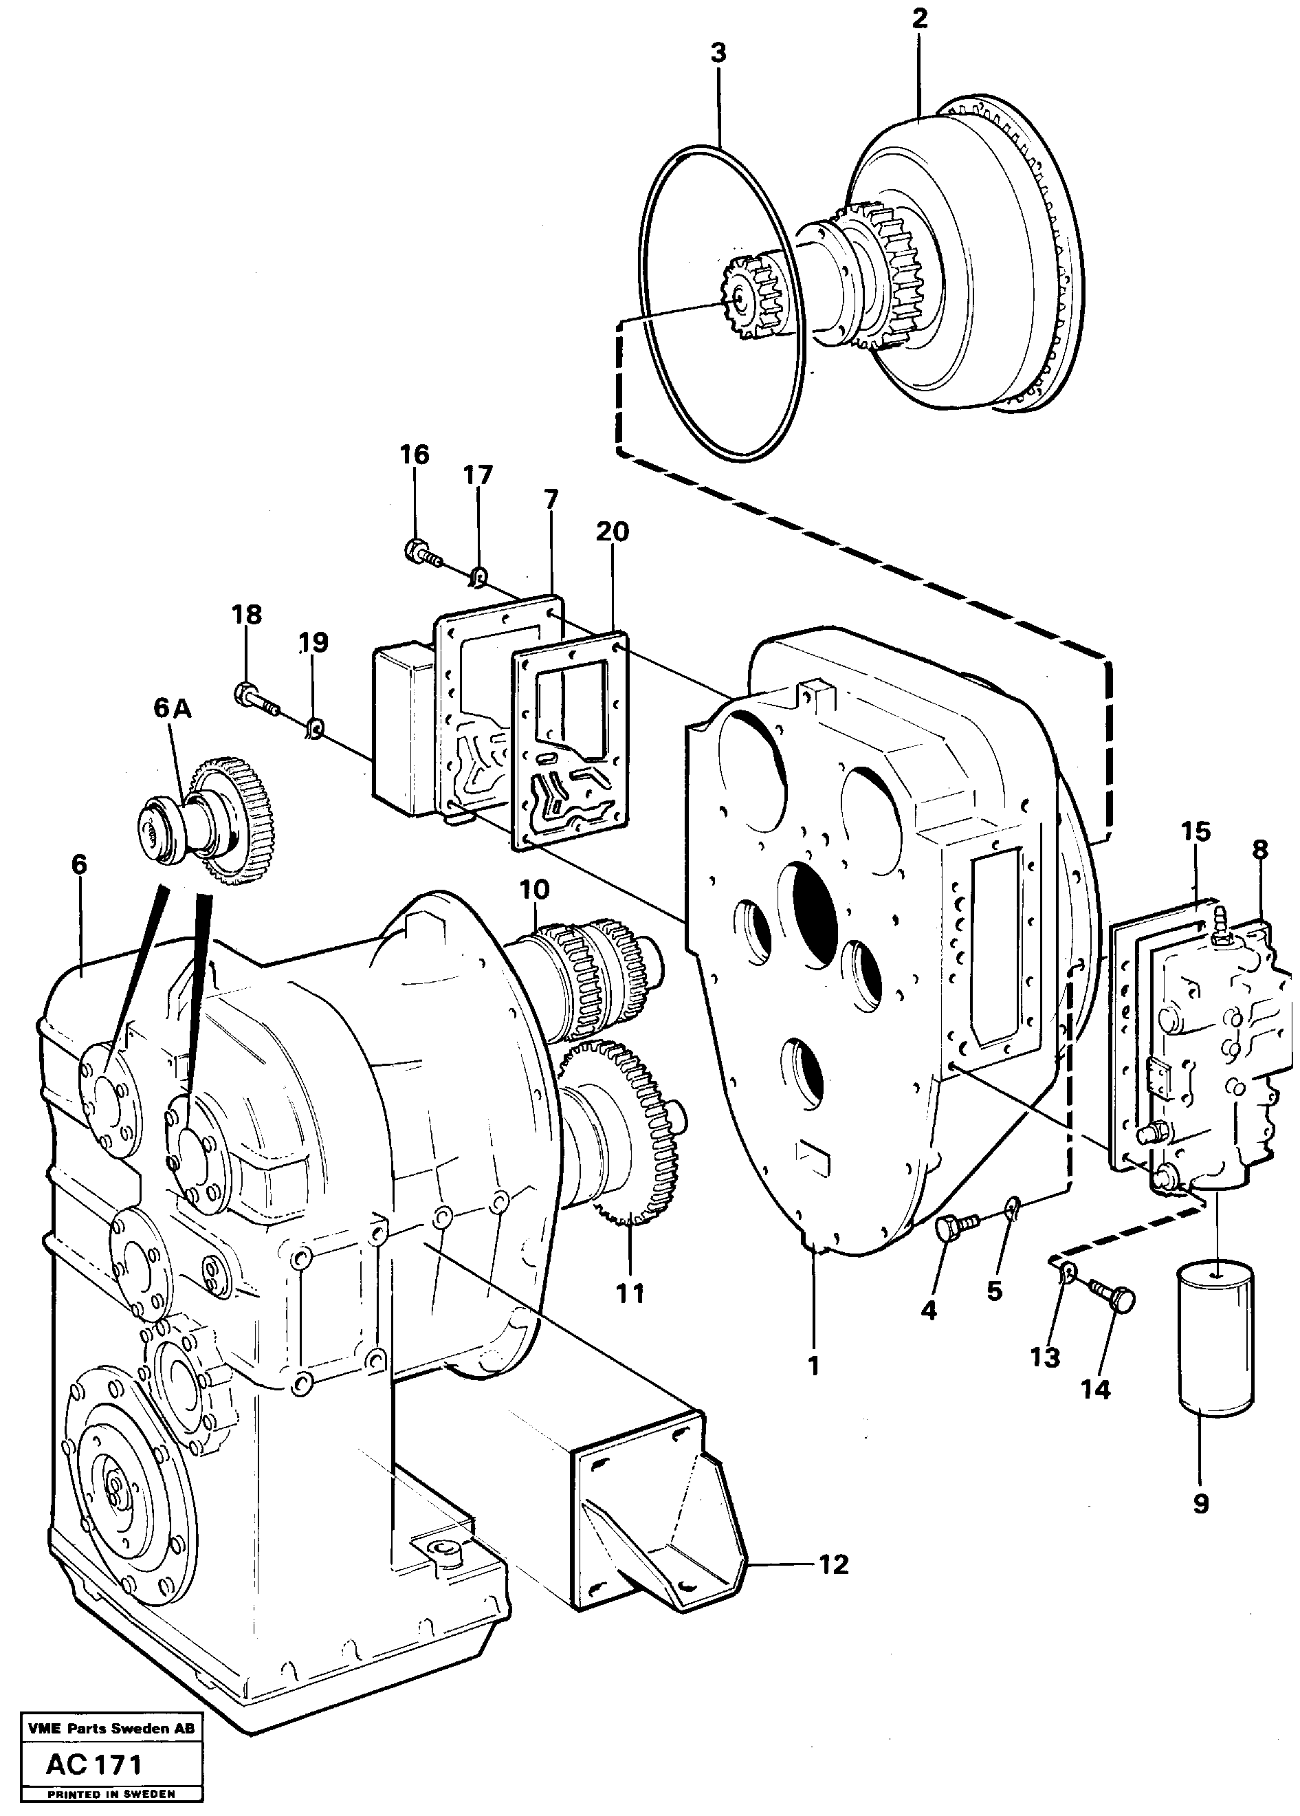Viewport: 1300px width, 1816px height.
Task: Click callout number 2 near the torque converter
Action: pos(919,19)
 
